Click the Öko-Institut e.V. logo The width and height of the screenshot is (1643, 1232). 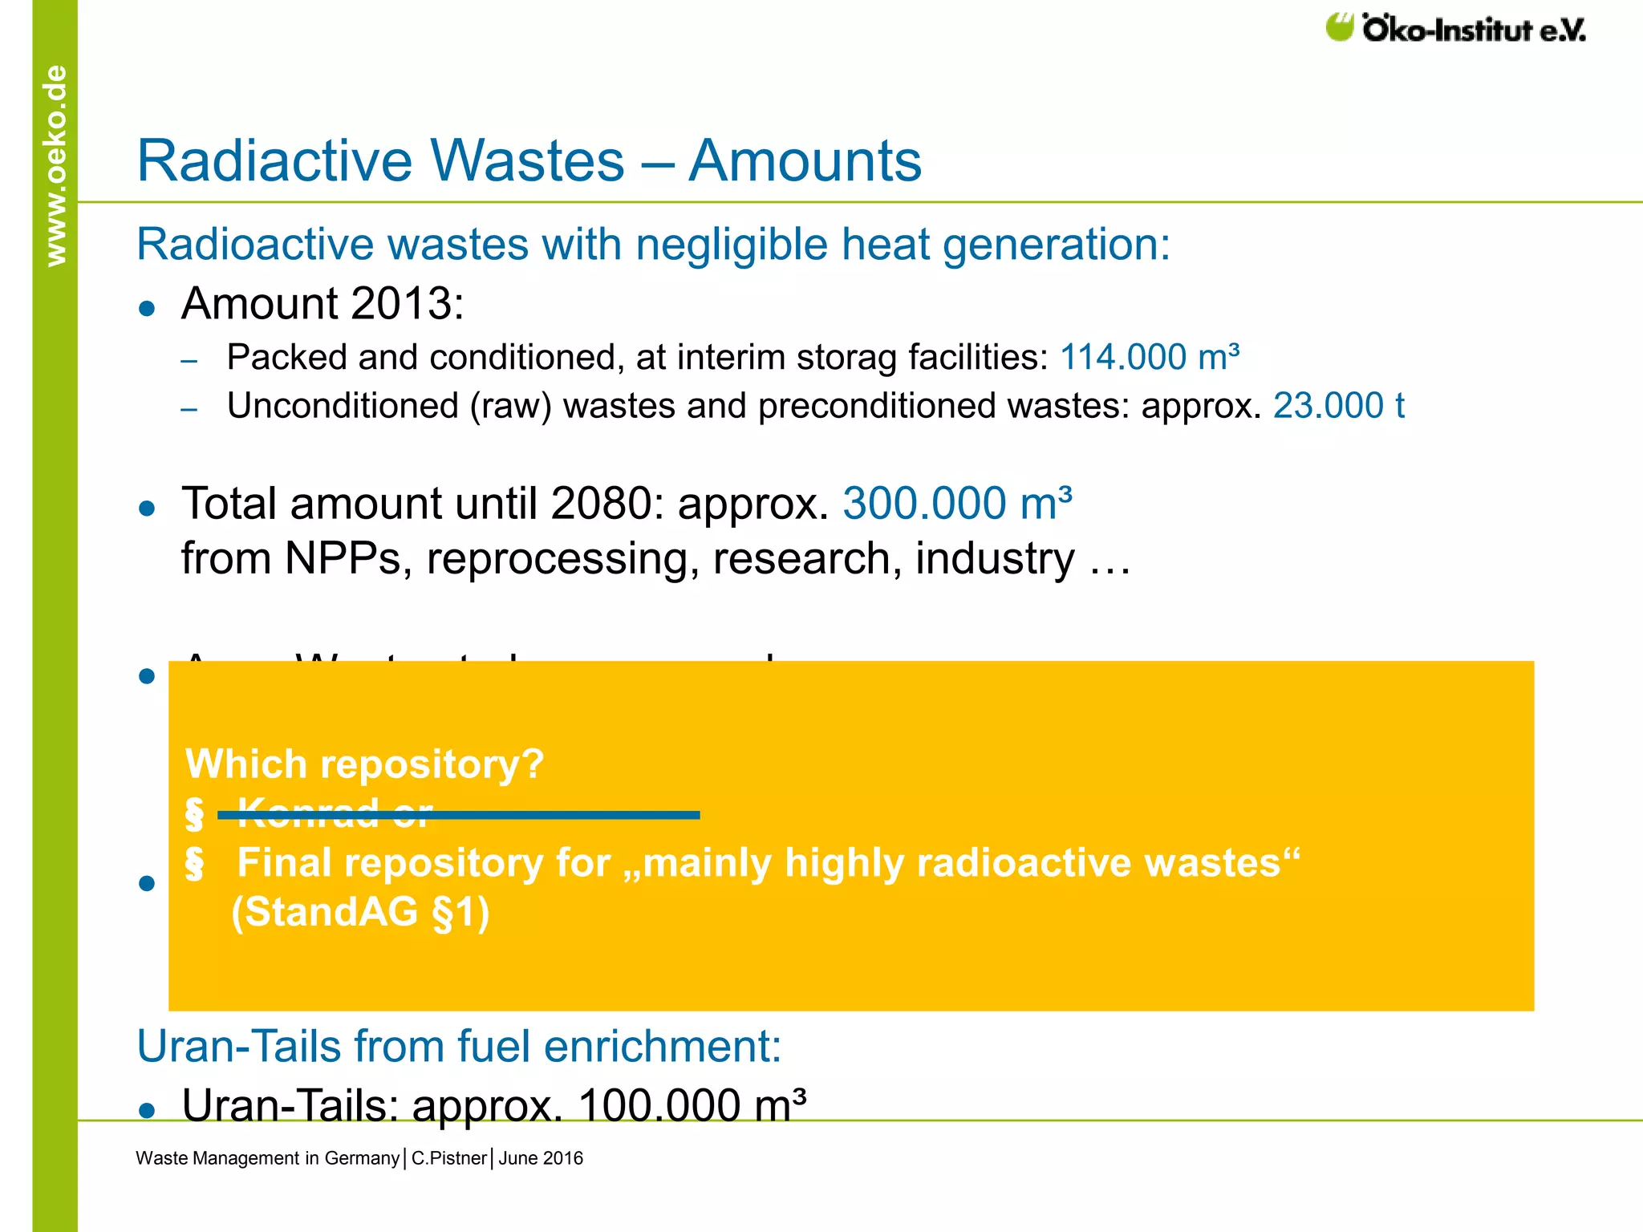pyautogui.click(x=1455, y=29)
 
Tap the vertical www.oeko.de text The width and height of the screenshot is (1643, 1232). pyautogui.click(x=55, y=165)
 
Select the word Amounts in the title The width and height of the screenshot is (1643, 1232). pyautogui.click(x=805, y=160)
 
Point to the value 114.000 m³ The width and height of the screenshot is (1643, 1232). pyautogui.click(x=1150, y=358)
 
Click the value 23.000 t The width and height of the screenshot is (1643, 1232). pyautogui.click(x=1338, y=406)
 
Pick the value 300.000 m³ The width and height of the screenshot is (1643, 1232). pyautogui.click(x=957, y=504)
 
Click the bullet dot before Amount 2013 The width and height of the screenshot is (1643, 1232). pyautogui.click(x=147, y=308)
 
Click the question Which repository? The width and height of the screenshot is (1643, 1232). pyautogui.click(x=365, y=764)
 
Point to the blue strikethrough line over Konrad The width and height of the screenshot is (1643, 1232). pyautogui.click(x=458, y=815)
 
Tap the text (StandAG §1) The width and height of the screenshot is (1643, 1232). pyautogui.click(x=360, y=912)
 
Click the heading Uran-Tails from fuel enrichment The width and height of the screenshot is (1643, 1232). pyautogui.click(x=459, y=1047)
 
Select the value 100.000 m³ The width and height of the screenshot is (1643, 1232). pyautogui.click(x=692, y=1104)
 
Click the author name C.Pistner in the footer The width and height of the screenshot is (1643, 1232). pyautogui.click(x=448, y=1158)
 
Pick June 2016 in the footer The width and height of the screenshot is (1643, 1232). pyautogui.click(x=541, y=1158)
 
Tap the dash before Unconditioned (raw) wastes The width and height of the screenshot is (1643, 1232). pyautogui.click(x=189, y=410)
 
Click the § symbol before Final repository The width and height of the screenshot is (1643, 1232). pyautogui.click(x=194, y=864)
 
